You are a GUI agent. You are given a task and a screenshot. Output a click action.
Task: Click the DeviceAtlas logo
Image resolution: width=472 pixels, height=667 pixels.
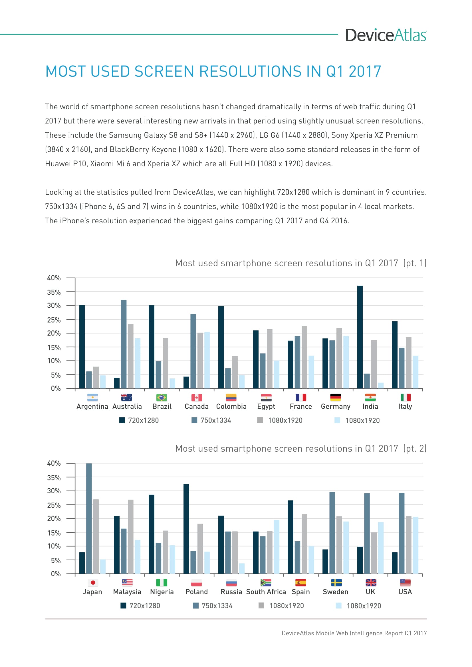pos(386,35)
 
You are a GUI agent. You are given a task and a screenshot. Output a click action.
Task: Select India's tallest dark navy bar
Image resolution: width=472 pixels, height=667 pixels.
pos(360,337)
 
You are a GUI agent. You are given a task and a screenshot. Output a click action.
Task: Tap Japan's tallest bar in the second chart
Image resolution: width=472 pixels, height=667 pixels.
pos(89,518)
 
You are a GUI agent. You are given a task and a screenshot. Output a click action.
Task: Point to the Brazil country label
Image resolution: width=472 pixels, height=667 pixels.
pos(162,406)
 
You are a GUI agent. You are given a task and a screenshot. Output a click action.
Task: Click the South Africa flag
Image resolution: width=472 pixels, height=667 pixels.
pos(266,583)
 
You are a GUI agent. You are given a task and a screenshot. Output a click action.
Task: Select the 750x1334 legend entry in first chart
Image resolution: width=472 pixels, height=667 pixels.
pos(211,420)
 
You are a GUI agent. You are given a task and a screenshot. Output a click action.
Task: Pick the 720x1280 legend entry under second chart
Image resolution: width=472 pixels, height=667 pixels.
pos(140,606)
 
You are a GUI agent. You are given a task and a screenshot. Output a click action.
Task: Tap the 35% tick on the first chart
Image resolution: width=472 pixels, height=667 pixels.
pos(54,292)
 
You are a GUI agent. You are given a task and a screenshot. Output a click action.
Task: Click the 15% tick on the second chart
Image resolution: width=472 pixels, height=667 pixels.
pos(54,533)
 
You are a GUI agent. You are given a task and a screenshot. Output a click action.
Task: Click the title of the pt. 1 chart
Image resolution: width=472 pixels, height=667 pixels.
pos(300,263)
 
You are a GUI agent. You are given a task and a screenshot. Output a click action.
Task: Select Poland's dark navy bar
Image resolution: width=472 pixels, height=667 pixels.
pos(186,529)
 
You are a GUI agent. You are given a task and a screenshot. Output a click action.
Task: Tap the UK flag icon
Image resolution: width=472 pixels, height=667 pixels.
pos(371,583)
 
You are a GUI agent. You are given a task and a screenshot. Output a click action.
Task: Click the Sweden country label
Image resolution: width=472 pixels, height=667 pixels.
pos(335,592)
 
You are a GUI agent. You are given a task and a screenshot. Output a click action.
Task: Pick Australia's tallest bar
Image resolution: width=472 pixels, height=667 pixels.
pos(124,344)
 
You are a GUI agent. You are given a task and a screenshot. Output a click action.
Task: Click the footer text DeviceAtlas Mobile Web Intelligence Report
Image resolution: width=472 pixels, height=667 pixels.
pos(354,633)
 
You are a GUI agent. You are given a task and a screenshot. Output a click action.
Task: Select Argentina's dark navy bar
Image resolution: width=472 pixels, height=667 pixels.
pos(82,346)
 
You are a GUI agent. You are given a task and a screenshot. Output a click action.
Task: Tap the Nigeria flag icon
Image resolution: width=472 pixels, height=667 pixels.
pos(162,583)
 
